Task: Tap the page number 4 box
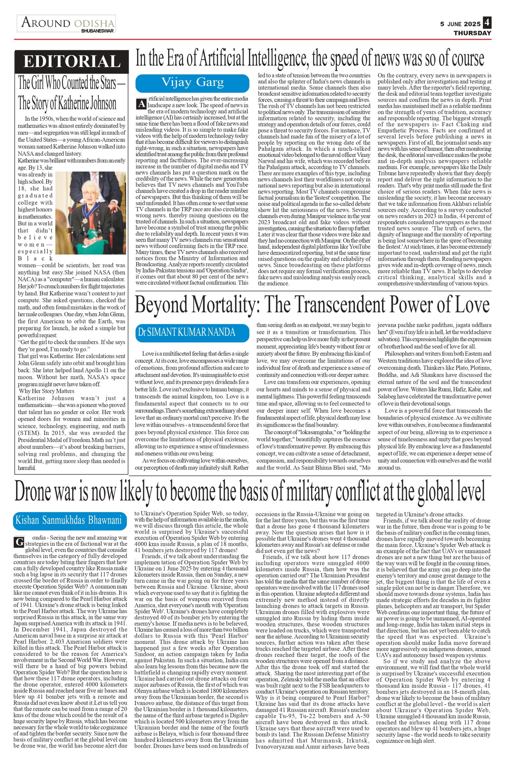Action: pos(487,23)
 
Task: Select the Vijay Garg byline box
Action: pos(192,83)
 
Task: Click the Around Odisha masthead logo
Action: pos(66,24)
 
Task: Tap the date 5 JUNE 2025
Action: pos(460,24)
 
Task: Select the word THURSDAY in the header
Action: pos(472,33)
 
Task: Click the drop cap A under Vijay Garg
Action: pos(141,104)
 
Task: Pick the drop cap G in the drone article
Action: pos(18,542)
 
